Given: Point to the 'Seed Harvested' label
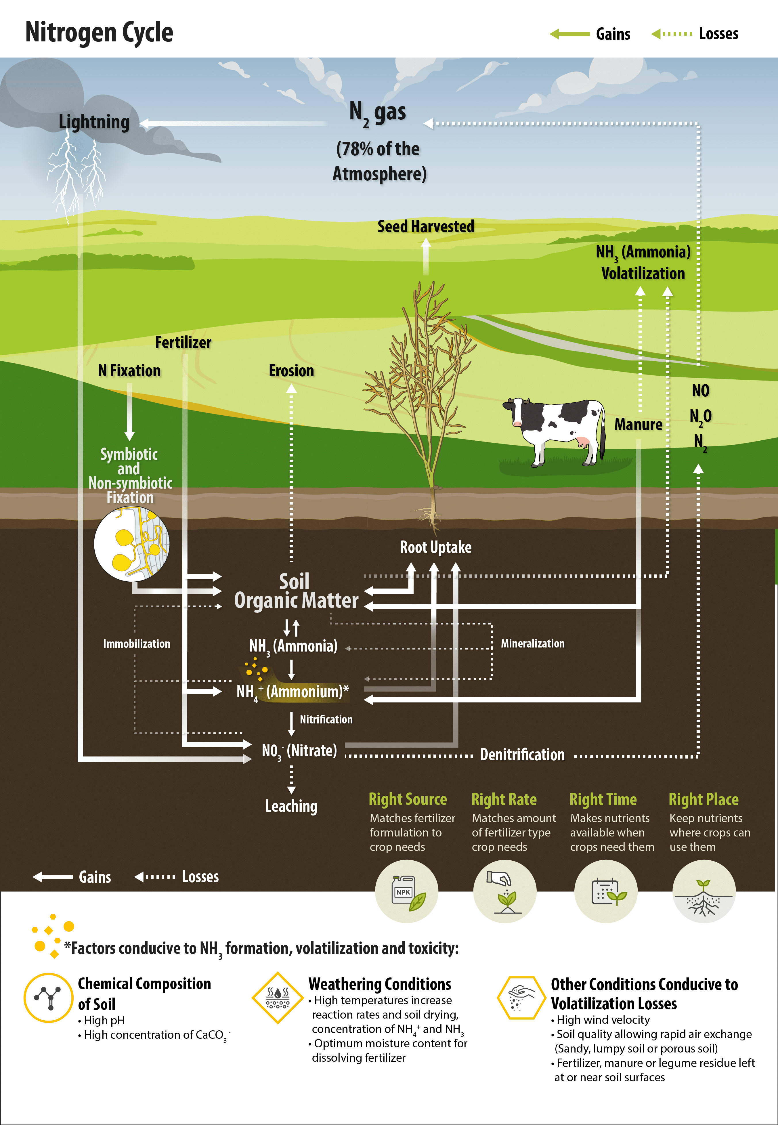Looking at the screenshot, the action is [x=426, y=227].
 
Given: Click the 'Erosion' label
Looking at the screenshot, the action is [x=292, y=371].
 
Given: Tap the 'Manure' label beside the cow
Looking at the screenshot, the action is [x=638, y=425].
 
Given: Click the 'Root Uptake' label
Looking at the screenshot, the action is [x=436, y=547].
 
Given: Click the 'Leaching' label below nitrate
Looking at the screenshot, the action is [x=291, y=806].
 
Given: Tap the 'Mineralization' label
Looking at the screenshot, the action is [x=533, y=643].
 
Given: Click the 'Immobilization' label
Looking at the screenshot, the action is [x=137, y=644].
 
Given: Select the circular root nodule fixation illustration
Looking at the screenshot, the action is [x=132, y=543].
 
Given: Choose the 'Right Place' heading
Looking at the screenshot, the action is [x=704, y=799].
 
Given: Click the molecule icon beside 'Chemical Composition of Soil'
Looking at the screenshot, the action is [x=49, y=998].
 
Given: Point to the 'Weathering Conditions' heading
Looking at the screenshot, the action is [x=380, y=984].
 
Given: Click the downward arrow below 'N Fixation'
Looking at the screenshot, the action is [x=129, y=412].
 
